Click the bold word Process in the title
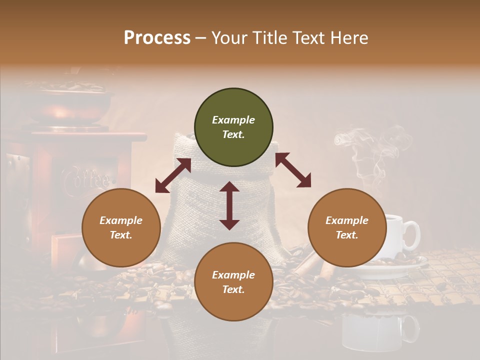157,38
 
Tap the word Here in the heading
349,38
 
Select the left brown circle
121,227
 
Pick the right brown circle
347,227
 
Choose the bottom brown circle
233,281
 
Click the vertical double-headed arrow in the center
229,205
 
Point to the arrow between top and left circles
173,175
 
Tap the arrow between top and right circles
293,170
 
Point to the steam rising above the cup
370,150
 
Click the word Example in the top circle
233,120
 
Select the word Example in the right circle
347,220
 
